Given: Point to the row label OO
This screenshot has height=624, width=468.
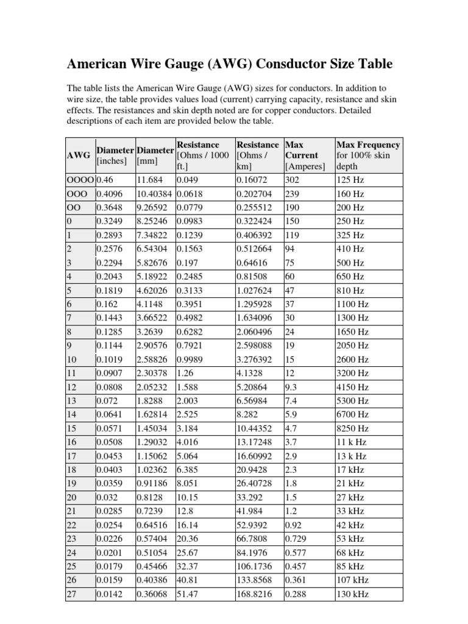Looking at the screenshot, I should click(74, 208).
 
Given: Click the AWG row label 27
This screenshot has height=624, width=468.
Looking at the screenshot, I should click(71, 594).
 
